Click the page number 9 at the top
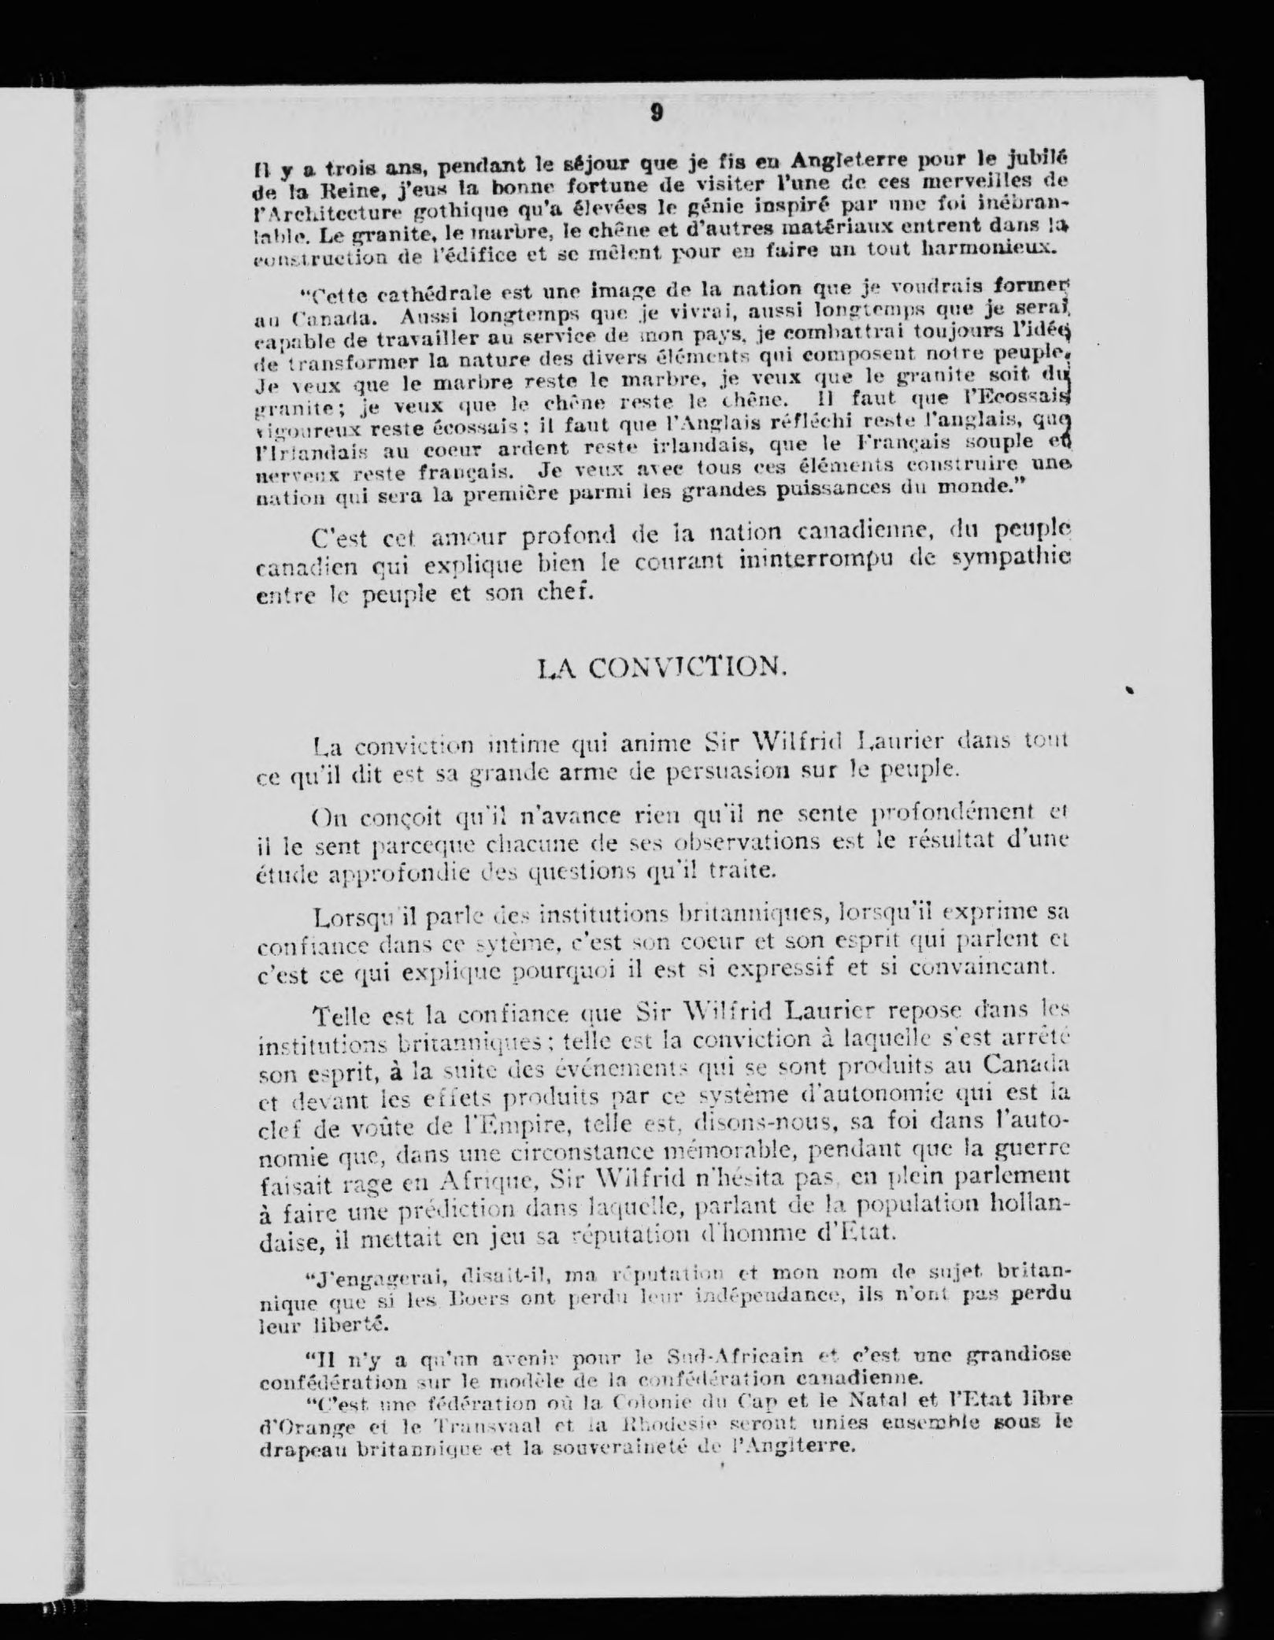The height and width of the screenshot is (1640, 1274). pyautogui.click(x=656, y=113)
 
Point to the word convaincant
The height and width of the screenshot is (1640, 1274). pyautogui.click(x=980, y=967)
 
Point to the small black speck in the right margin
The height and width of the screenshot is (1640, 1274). pyautogui.click(x=1128, y=690)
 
